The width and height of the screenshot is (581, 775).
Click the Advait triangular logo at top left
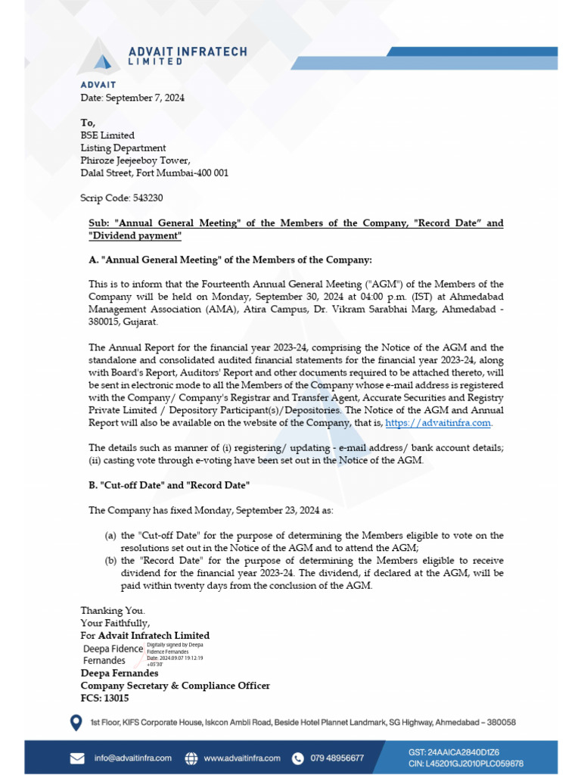click(x=98, y=57)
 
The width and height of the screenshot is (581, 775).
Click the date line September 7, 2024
click(x=132, y=98)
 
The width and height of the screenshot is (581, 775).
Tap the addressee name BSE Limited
click(x=107, y=135)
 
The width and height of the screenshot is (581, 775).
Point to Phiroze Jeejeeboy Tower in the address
click(x=135, y=160)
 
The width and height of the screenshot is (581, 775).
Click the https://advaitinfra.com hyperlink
click(x=438, y=423)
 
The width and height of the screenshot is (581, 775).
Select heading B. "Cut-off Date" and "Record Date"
click(x=169, y=485)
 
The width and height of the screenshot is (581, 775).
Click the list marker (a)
click(x=110, y=536)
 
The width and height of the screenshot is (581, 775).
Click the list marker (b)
click(x=110, y=561)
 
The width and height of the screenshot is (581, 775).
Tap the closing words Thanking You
click(x=113, y=611)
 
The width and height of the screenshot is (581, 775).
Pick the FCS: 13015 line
click(x=104, y=699)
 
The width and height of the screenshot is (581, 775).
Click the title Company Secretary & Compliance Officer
click(x=175, y=686)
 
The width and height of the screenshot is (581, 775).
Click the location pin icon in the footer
click(x=76, y=724)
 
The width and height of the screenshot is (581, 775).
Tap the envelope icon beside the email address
click(x=77, y=758)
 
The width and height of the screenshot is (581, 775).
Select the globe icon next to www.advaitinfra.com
click(x=191, y=758)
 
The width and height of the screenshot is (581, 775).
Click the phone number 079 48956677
click(x=337, y=758)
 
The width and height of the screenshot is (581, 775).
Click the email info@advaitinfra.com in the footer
click(x=133, y=758)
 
